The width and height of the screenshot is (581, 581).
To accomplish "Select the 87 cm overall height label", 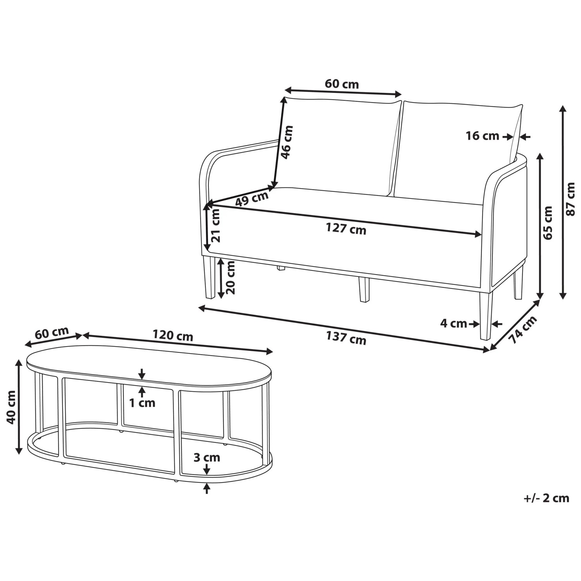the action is pyautogui.click(x=571, y=199).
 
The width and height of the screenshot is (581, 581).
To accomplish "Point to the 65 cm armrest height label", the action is pyautogui.click(x=548, y=223).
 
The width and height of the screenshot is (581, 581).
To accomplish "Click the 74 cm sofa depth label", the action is pyautogui.click(x=523, y=330).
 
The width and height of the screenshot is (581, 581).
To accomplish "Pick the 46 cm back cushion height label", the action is pyautogui.click(x=287, y=142).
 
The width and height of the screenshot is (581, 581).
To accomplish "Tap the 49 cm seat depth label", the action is pyautogui.click(x=252, y=199).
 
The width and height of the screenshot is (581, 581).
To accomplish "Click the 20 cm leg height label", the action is pyautogui.click(x=230, y=277).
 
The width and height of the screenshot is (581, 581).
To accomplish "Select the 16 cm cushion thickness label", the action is pyautogui.click(x=482, y=136).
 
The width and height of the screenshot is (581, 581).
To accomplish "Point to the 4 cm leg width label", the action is pyautogui.click(x=454, y=323).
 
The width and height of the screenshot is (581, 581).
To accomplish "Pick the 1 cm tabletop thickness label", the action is pyautogui.click(x=142, y=403).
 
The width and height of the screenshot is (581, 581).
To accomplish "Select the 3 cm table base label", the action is pyautogui.click(x=207, y=457).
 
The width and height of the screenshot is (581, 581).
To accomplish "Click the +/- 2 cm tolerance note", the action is pyautogui.click(x=547, y=498).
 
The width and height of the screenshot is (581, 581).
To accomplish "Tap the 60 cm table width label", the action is pyautogui.click(x=52, y=333).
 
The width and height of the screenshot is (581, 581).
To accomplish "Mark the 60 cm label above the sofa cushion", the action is pyautogui.click(x=342, y=84).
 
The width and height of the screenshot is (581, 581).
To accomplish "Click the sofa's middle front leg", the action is pyautogui.click(x=364, y=290).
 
